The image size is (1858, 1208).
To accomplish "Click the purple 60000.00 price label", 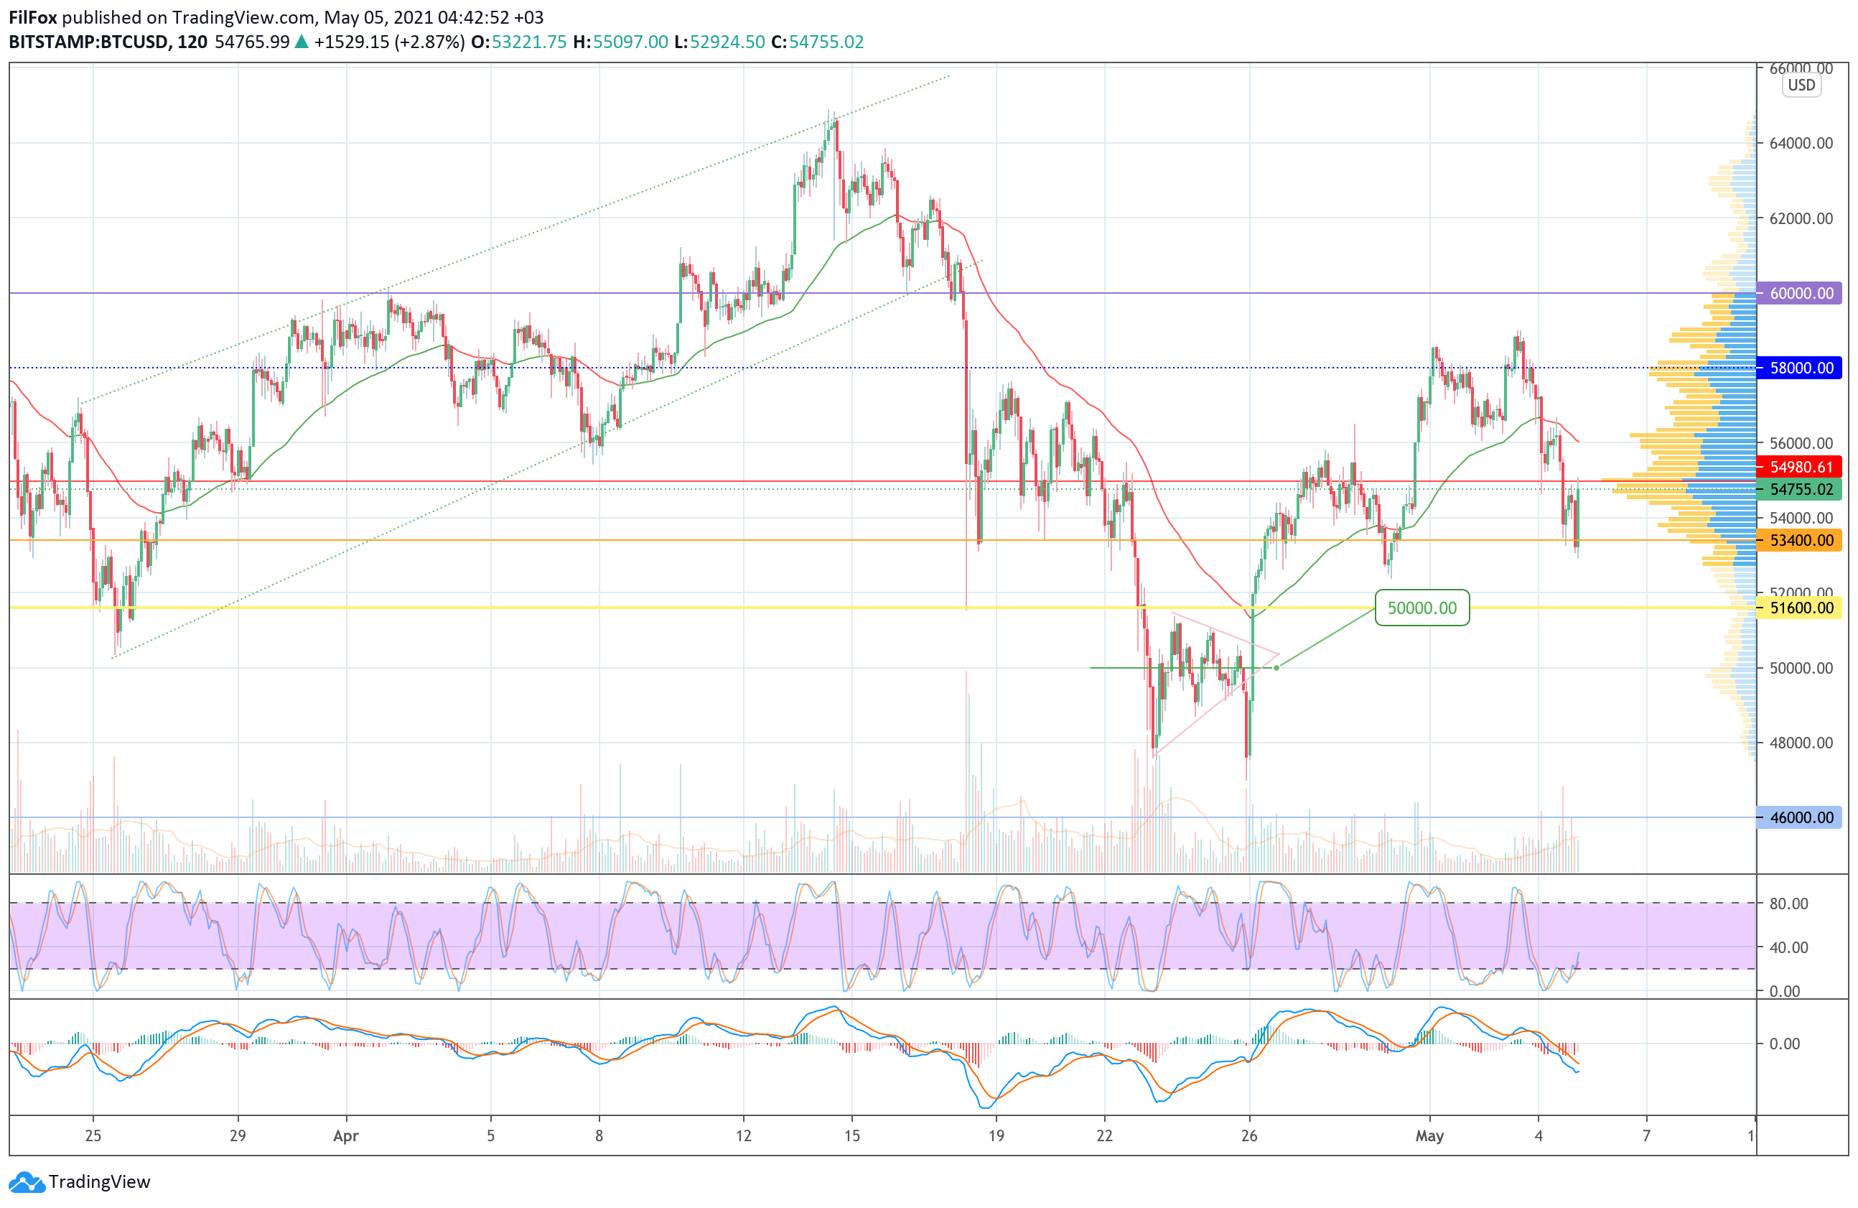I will point(1801,294).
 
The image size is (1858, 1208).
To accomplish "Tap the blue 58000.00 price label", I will point(1801,368).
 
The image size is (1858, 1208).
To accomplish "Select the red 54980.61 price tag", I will point(1801,467).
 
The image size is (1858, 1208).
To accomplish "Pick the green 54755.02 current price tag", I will point(1801,490).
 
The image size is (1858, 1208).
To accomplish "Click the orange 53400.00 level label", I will point(1801,540).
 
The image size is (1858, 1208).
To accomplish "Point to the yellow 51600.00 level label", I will point(1801,608).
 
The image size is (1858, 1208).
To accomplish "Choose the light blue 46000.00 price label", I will point(1801,817).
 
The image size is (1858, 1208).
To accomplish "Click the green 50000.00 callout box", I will point(1421,608).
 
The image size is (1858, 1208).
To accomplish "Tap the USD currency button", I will point(1801,85).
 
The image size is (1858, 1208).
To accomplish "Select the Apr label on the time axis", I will point(346,1135).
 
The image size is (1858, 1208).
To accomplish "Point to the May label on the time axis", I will point(1429,1135).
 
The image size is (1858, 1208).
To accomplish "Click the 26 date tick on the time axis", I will point(1249,1135).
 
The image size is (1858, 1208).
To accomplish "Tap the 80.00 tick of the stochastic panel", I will point(1788,903).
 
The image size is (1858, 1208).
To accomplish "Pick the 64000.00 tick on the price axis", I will point(1801,143).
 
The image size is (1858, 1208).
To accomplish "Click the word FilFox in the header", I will point(33,17).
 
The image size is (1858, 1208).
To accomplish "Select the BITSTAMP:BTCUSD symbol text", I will point(88,42).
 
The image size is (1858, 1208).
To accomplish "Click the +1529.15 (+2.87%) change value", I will point(389,42).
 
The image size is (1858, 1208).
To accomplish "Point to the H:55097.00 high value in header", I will point(620,42).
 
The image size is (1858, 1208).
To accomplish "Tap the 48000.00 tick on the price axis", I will point(1801,743).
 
